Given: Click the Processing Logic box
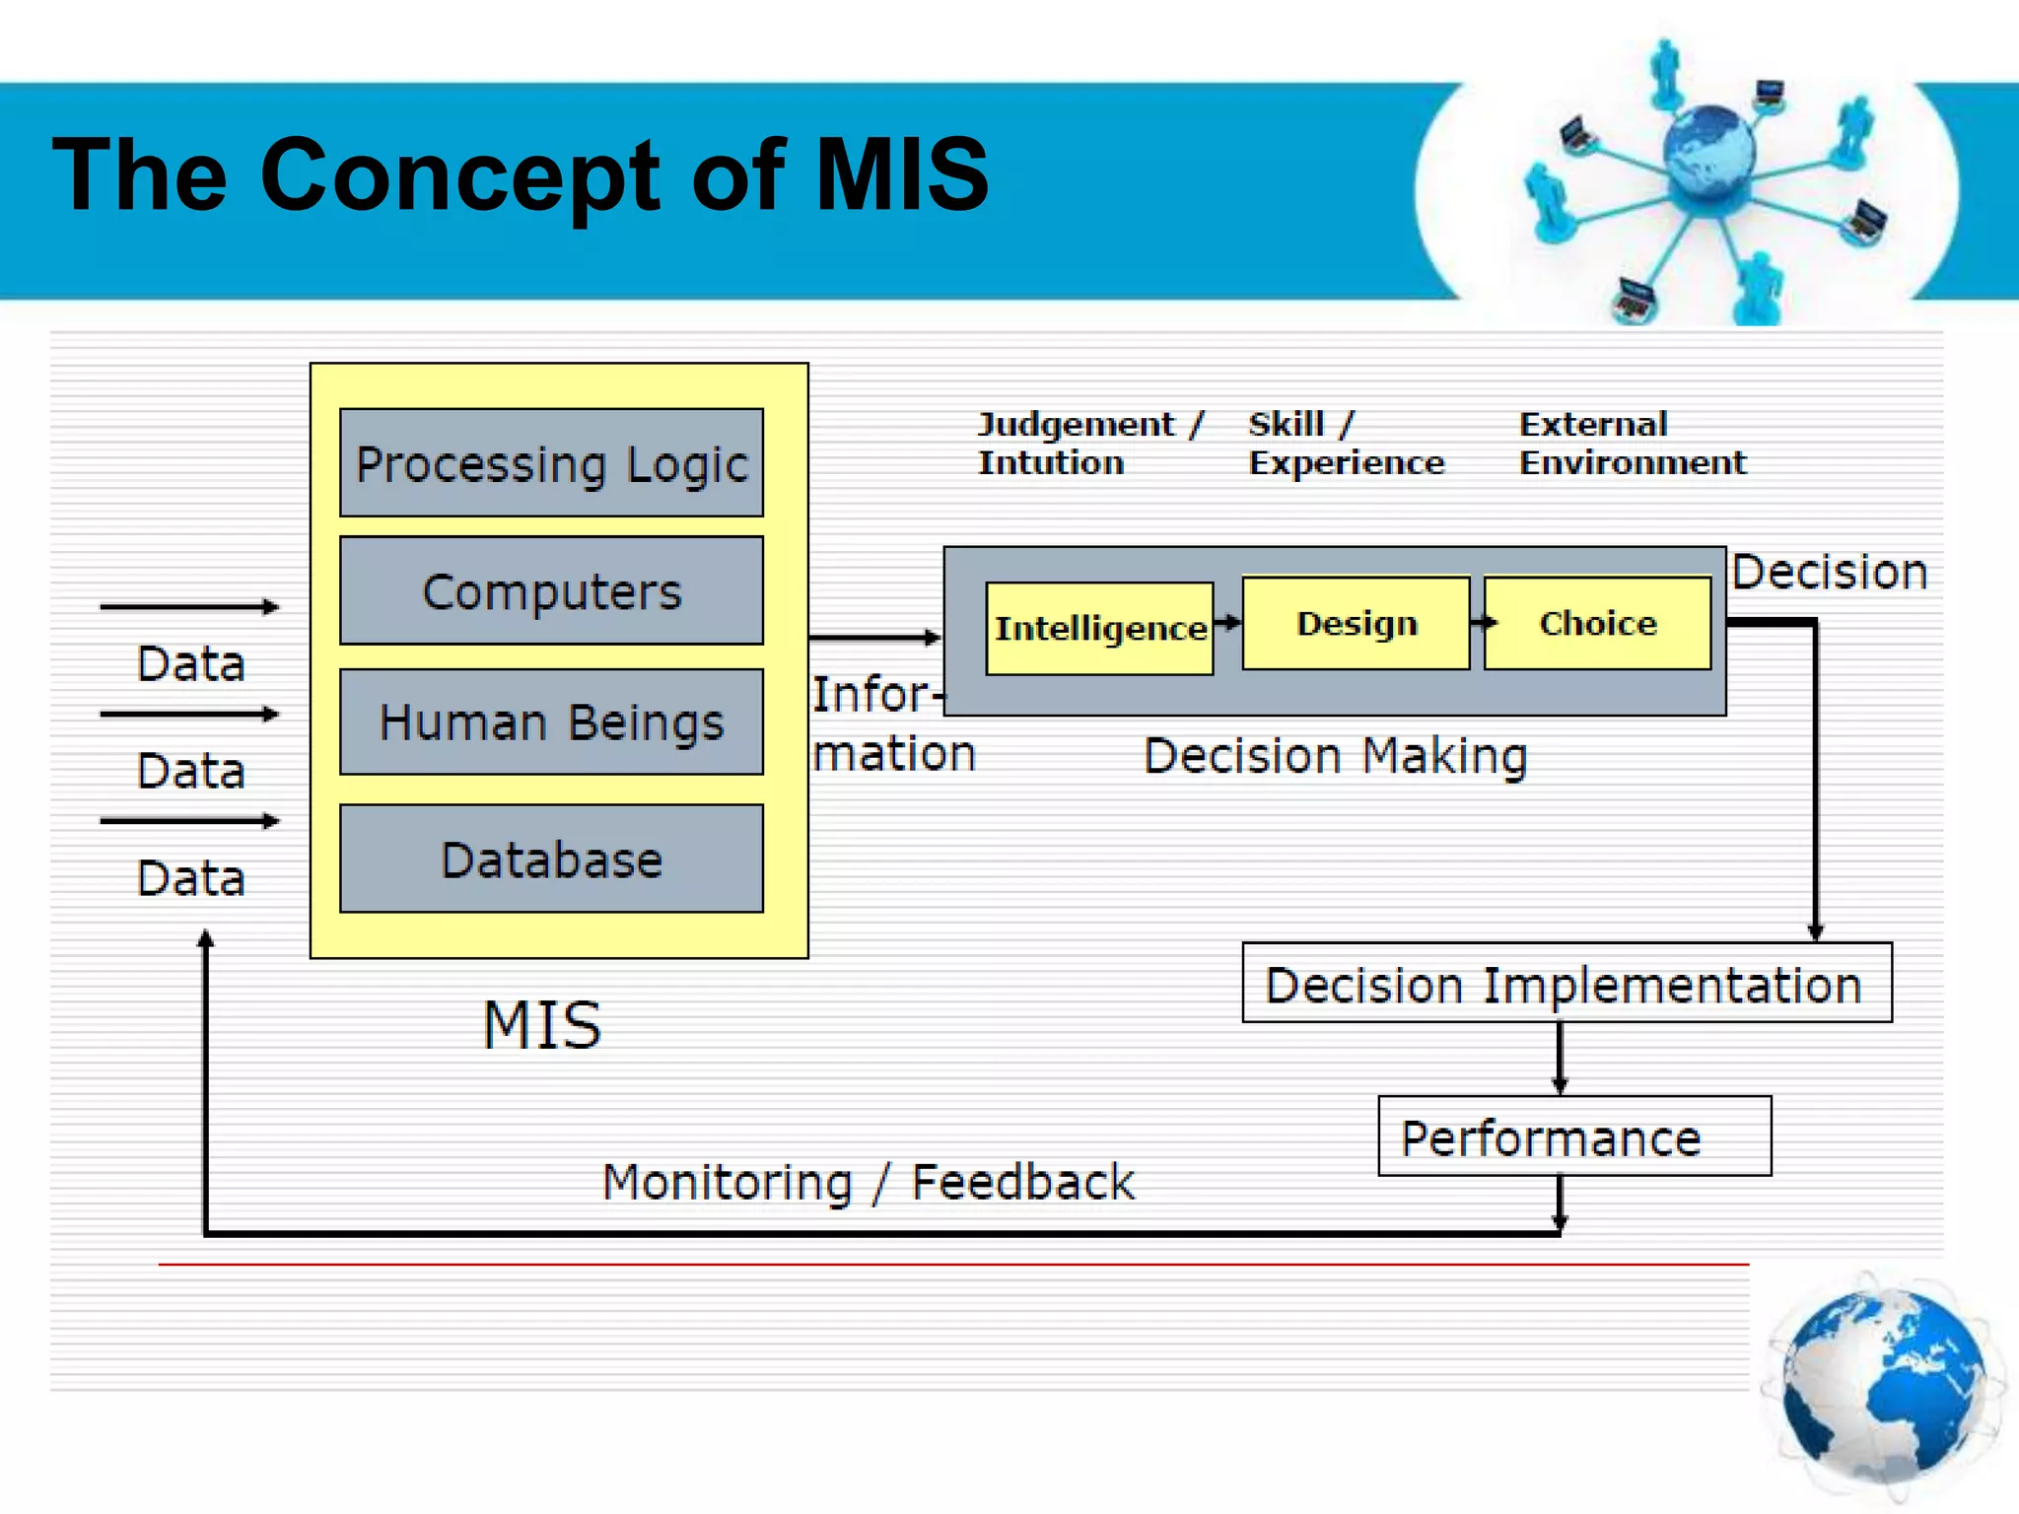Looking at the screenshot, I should point(551,462).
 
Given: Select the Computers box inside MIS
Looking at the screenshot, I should point(551,590).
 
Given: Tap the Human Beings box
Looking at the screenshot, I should point(551,722).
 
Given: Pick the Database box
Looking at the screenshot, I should point(551,859).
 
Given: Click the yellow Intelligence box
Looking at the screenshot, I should point(1099,628).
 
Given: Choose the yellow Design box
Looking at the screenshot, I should point(1356,623).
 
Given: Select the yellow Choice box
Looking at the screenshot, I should point(1597,623).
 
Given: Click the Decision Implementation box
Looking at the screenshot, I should point(1566,983).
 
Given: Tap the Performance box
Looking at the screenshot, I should point(1573,1136).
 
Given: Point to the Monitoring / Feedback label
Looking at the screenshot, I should point(868,1181).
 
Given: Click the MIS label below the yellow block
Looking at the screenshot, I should point(541,1025).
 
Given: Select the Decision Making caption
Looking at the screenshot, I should point(1335,756).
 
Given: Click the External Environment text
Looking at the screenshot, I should point(1632,444).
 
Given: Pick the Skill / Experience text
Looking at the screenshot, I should point(1346,444).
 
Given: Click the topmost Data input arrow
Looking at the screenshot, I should point(189,607).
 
